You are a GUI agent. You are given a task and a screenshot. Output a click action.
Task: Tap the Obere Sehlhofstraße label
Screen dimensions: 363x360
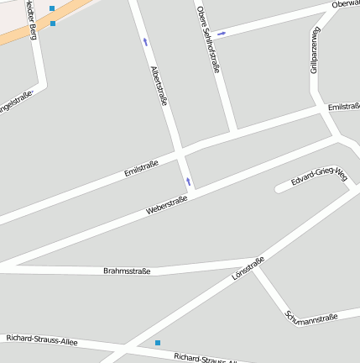pos(207,40)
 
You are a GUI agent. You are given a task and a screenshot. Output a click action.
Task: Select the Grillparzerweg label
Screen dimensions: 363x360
pos(316,50)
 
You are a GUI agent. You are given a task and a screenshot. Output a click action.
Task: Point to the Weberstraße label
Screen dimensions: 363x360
pos(166,204)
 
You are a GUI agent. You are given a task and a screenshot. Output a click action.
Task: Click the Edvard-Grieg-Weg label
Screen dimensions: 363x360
pos(319,177)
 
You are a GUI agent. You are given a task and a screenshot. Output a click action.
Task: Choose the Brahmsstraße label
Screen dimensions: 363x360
pos(127,271)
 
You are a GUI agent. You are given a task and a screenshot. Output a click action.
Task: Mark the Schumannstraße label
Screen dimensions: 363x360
pos(311,317)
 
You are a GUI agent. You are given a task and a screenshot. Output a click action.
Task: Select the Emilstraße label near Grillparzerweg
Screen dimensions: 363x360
pos(344,107)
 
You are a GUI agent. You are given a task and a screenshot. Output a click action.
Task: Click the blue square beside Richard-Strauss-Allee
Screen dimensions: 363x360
pos(157,343)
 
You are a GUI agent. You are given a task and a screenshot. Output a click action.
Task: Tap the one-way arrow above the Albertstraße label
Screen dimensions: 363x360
pos(145,41)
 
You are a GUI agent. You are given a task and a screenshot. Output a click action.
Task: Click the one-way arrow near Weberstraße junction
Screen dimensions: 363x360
pos(188,181)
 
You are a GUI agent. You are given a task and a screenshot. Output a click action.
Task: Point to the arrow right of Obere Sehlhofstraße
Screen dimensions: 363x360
pos(222,34)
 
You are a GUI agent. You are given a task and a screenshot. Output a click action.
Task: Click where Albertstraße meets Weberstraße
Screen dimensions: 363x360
pos(191,195)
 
